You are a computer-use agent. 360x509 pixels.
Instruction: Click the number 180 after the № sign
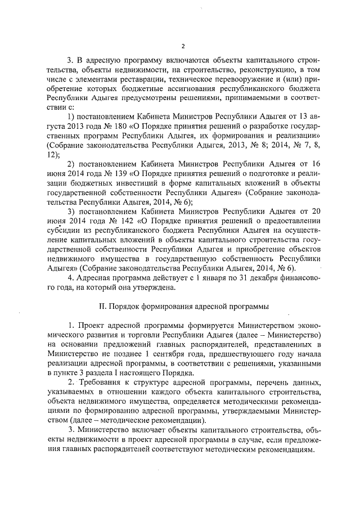pos(122,127)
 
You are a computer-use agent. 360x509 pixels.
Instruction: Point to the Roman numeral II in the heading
pos(102,307)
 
